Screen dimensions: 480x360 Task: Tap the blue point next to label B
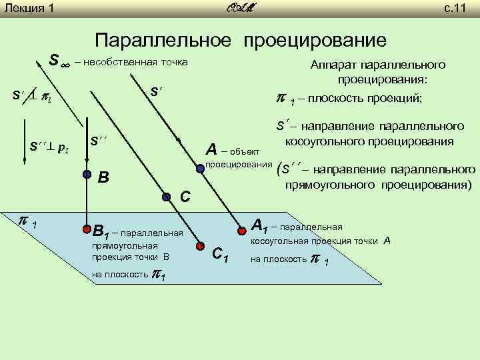(x=87, y=174)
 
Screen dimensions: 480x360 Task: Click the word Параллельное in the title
(x=165, y=41)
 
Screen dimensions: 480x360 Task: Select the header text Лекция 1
(x=28, y=9)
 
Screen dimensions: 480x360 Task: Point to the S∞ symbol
(x=59, y=61)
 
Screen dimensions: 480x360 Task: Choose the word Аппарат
(x=333, y=66)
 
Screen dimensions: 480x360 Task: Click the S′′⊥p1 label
(x=49, y=147)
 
